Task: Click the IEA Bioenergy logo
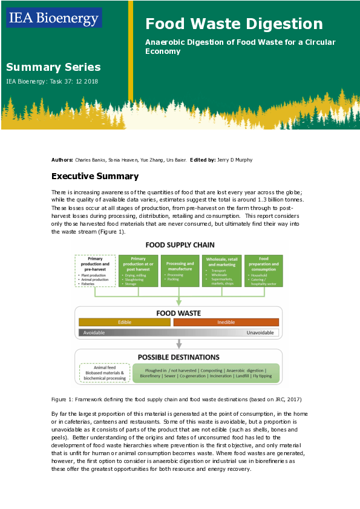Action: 54,18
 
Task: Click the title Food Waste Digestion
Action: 234,24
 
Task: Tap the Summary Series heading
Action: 53,67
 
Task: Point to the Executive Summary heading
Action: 95,176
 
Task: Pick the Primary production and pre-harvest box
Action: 95,271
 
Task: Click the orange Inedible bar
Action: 226,323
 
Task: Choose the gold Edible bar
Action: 124,323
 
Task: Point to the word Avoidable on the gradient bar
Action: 95,333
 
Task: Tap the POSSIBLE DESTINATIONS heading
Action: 178,356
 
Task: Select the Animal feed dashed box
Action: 102,372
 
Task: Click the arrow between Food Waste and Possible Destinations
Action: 178,343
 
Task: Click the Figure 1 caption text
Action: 176,399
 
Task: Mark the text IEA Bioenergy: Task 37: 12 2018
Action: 52,81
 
